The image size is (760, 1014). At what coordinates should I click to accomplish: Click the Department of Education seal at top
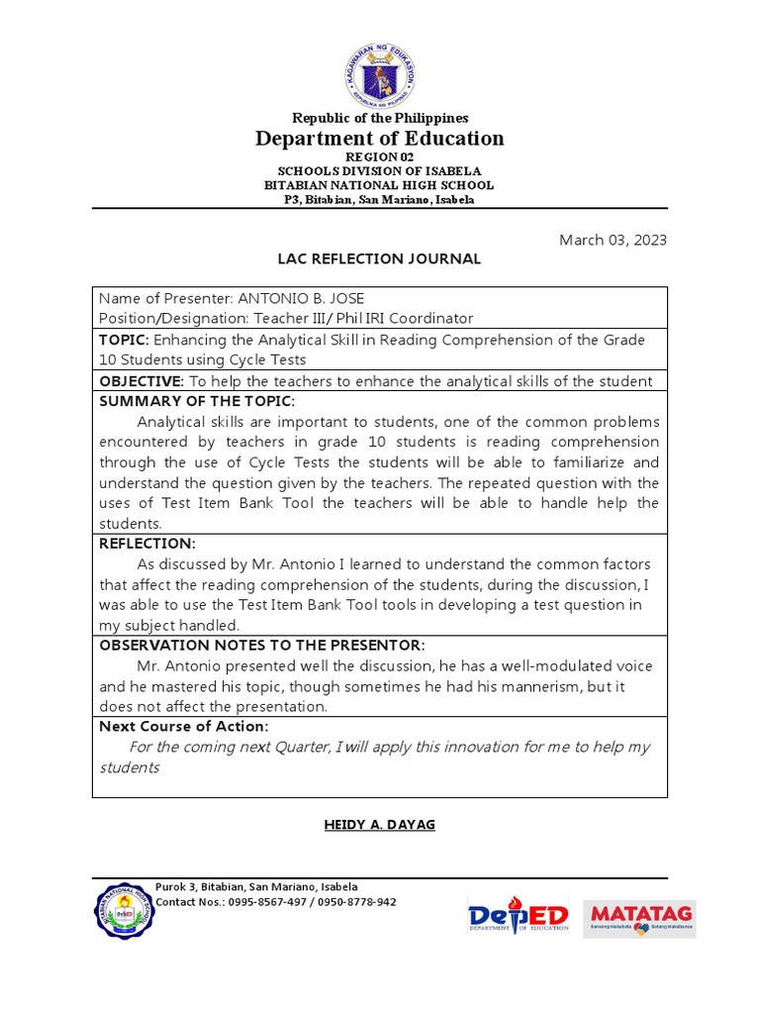[x=380, y=75]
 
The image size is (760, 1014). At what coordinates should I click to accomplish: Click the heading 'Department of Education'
[x=380, y=139]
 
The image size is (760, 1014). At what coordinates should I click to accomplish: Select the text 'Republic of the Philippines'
[x=380, y=118]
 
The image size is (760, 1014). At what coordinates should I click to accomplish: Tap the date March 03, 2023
[x=613, y=240]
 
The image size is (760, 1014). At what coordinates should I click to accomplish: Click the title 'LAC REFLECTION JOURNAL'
[x=380, y=259]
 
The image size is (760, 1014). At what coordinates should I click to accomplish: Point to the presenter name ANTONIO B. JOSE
[x=307, y=299]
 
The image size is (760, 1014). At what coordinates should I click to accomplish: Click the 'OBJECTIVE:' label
[x=141, y=381]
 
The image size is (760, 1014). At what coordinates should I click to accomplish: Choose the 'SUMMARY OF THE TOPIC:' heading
[x=197, y=401]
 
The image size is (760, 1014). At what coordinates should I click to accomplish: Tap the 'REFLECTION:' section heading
[x=147, y=544]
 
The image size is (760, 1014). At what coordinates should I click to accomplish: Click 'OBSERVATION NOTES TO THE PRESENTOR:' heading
[x=262, y=645]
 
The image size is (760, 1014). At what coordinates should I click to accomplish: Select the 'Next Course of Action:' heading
[x=183, y=727]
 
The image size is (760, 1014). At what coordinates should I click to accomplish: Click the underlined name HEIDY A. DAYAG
[x=380, y=825]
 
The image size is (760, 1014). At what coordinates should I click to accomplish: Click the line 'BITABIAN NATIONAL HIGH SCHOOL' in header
[x=380, y=185]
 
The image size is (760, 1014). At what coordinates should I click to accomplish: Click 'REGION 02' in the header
[x=380, y=157]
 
